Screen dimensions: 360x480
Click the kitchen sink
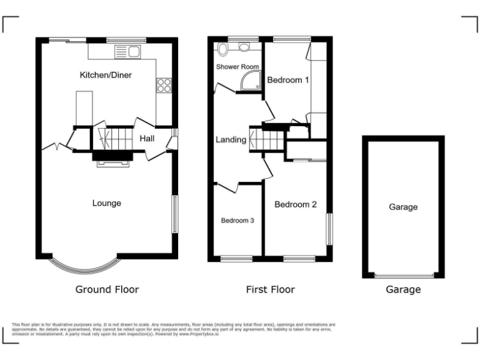pos(133,51)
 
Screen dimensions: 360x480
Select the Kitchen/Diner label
pos(106,75)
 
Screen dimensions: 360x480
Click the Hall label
pos(147,139)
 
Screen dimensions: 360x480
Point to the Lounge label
pos(106,203)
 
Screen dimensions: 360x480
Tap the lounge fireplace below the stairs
pos(112,162)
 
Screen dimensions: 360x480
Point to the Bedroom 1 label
pos(288,80)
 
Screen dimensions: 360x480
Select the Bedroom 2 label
pos(296,204)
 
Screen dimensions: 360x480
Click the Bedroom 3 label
pos(237,220)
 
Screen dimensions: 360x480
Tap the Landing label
pos(231,139)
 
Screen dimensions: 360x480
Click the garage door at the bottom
pos(403,275)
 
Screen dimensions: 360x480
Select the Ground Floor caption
pos(107,289)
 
